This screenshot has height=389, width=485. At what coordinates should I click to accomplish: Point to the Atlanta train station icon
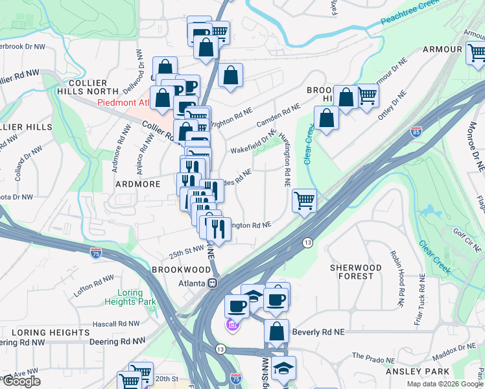(211, 284)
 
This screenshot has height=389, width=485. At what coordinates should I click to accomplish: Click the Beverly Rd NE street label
(318, 332)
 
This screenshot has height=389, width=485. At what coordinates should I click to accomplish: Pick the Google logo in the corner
(21, 381)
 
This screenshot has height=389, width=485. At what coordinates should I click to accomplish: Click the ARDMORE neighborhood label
(128, 184)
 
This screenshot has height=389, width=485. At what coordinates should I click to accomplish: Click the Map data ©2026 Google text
(444, 384)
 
